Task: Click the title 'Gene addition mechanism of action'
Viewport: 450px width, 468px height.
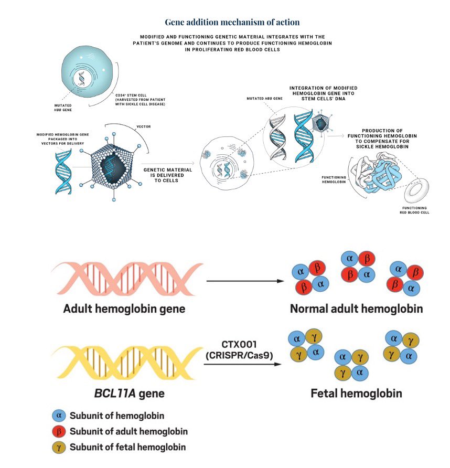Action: (x=232, y=22)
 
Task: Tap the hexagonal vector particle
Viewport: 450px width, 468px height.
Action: (x=112, y=161)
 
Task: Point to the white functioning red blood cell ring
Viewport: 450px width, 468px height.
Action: (x=417, y=193)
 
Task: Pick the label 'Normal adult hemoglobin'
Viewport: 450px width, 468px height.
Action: (x=356, y=309)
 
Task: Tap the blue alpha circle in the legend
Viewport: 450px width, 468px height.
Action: (x=59, y=416)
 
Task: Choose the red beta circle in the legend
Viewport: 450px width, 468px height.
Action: (x=59, y=432)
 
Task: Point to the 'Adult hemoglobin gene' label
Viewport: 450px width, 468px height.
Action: (x=124, y=309)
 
